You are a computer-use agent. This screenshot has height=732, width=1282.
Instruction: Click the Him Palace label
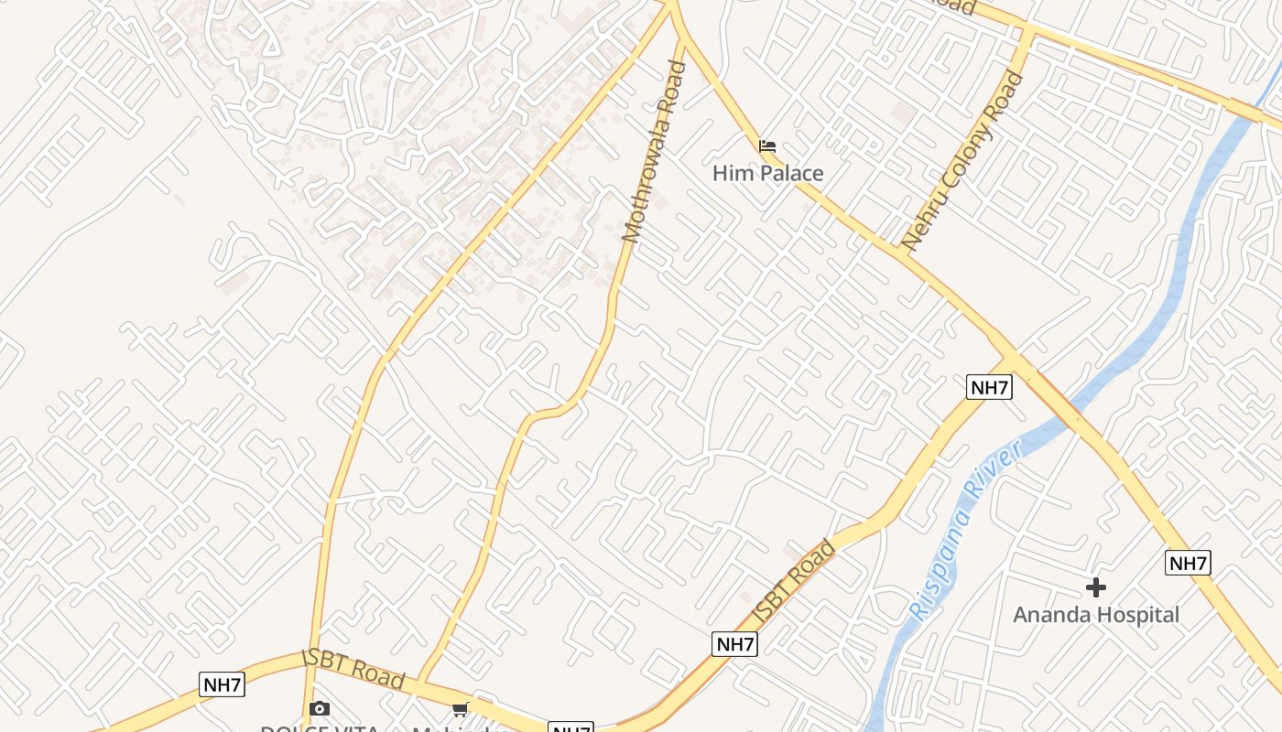click(x=767, y=173)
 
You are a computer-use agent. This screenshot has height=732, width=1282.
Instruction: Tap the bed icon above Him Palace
click(x=767, y=145)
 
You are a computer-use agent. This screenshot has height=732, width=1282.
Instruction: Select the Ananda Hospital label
click(x=1096, y=614)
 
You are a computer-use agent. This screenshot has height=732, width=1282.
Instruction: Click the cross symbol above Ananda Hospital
click(x=1096, y=587)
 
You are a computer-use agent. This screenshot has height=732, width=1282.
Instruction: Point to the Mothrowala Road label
click(x=654, y=151)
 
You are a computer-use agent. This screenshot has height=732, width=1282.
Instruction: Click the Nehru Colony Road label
click(x=962, y=161)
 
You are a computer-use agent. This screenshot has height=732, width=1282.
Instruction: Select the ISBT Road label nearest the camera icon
click(x=353, y=670)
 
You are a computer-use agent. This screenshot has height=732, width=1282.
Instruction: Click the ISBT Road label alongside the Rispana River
click(x=794, y=581)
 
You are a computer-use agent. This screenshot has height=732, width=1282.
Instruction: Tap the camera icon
click(x=319, y=708)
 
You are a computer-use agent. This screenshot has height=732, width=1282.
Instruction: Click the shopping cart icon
click(x=460, y=709)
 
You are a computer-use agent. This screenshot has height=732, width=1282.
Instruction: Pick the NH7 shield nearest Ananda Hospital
click(x=1188, y=563)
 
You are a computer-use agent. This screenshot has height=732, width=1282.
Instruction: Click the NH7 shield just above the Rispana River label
click(x=989, y=387)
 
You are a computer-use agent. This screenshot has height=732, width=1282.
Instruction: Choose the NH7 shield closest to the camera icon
click(x=222, y=684)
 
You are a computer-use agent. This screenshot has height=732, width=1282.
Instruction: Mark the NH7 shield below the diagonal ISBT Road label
click(x=734, y=644)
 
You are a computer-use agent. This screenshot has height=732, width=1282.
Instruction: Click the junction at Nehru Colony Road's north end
click(x=1027, y=35)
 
